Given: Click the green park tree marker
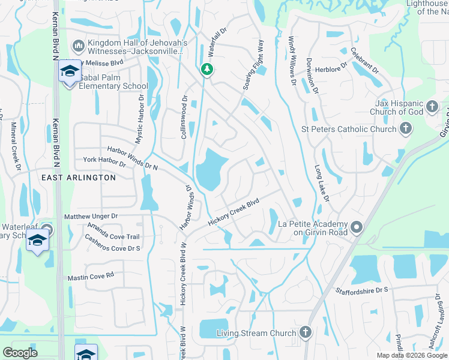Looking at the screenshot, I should pyautogui.click(x=207, y=70).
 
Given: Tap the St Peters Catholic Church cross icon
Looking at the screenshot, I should pyautogui.click(x=406, y=128).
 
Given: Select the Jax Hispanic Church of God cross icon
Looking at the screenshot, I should pyautogui.click(x=432, y=108).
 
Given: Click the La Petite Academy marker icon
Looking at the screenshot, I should pyautogui.click(x=357, y=227).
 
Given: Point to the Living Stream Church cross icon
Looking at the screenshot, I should pyautogui.click(x=306, y=332).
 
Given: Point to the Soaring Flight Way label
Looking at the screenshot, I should pyautogui.click(x=253, y=65).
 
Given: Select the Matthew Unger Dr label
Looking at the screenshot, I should pyautogui.click(x=91, y=216).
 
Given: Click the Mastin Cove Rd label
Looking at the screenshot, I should pyautogui.click(x=91, y=277).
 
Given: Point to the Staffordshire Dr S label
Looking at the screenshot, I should pyautogui.click(x=363, y=290).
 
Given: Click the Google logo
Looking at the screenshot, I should pyautogui.click(x=20, y=353).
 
